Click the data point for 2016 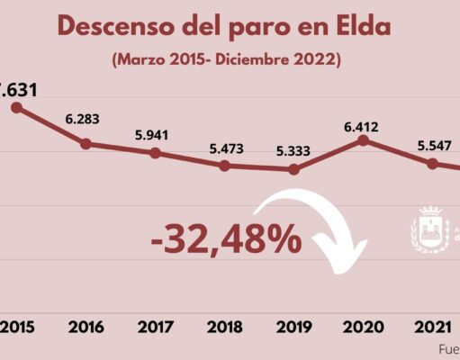pos(86,143)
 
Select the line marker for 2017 pos(155,153)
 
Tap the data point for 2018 pos(224,166)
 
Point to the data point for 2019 pos(293,169)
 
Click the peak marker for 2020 pos(363,139)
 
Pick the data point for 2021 pos(432,164)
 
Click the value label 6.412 pos(363,115)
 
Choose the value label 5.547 pos(432,141)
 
